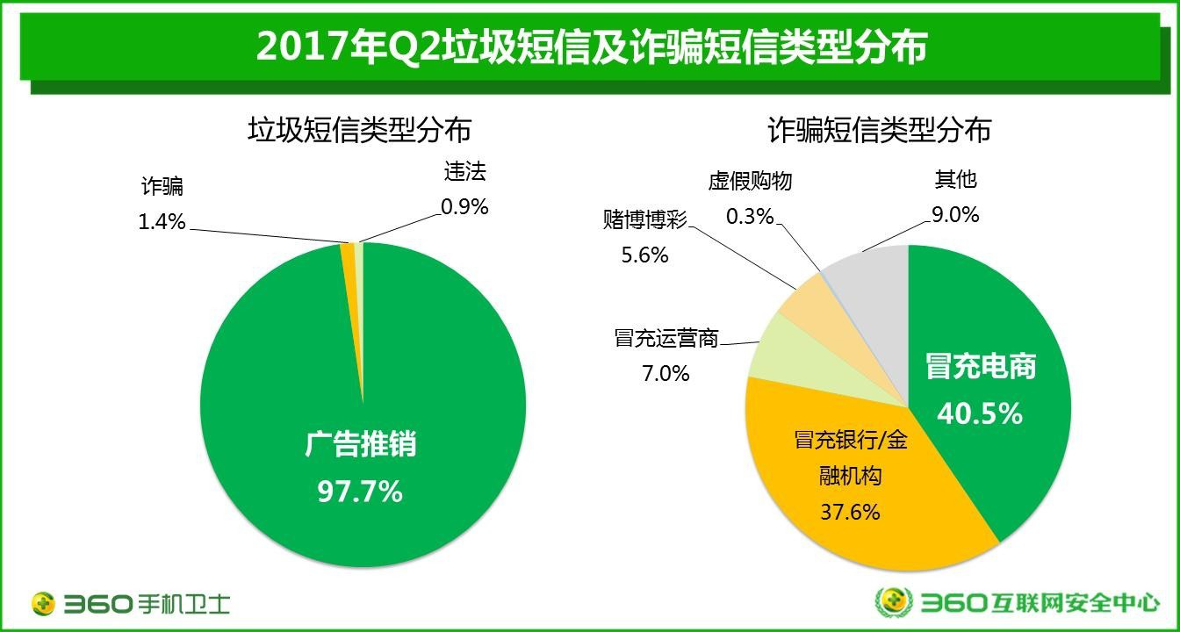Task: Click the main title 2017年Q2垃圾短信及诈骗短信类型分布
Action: (590, 47)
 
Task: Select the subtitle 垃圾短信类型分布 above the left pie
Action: (359, 130)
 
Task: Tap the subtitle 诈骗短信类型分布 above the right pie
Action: (879, 130)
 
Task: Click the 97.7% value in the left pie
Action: (359, 491)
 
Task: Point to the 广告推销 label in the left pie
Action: (361, 444)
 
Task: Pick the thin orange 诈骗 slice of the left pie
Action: (349, 253)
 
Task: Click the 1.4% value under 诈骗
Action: (162, 221)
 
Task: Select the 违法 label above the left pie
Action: (464, 171)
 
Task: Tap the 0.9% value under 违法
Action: (464, 206)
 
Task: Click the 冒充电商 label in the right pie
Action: (981, 367)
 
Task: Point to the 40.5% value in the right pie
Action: (980, 413)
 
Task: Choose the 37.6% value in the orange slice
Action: (849, 511)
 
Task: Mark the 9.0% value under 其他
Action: (955, 213)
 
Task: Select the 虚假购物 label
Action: (750, 181)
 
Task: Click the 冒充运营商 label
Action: (666, 339)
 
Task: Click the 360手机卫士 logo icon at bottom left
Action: (44, 604)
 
